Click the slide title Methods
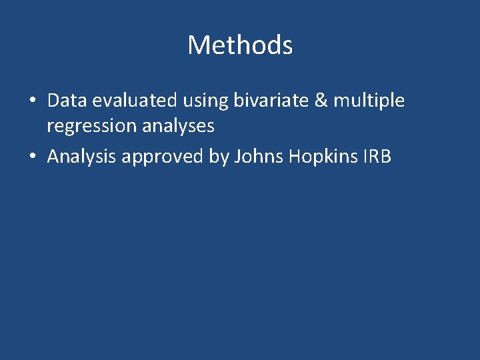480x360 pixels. [240, 45]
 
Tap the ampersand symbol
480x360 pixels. [321, 101]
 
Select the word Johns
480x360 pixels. [257, 157]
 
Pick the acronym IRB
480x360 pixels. [376, 157]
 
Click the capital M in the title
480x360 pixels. [198, 45]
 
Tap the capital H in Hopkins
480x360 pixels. [292, 157]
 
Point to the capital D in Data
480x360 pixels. [54, 101]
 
